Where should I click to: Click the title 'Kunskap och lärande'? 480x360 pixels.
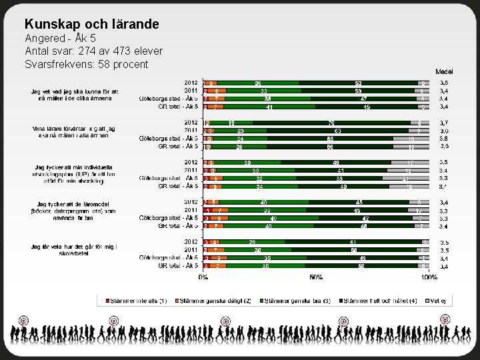click(91, 24)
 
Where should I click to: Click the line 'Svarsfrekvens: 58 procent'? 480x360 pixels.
click(87, 64)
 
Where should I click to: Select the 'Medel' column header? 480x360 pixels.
click(444, 71)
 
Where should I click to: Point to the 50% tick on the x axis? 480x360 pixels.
click(317, 277)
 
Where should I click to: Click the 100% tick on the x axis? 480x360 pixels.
click(429, 277)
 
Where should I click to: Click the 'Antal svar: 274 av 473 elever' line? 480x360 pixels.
click(93, 51)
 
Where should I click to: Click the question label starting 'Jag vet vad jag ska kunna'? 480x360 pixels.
click(75, 95)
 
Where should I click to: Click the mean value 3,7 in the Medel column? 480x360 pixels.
click(444, 123)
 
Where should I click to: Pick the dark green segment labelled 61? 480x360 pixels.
click(351, 241)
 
